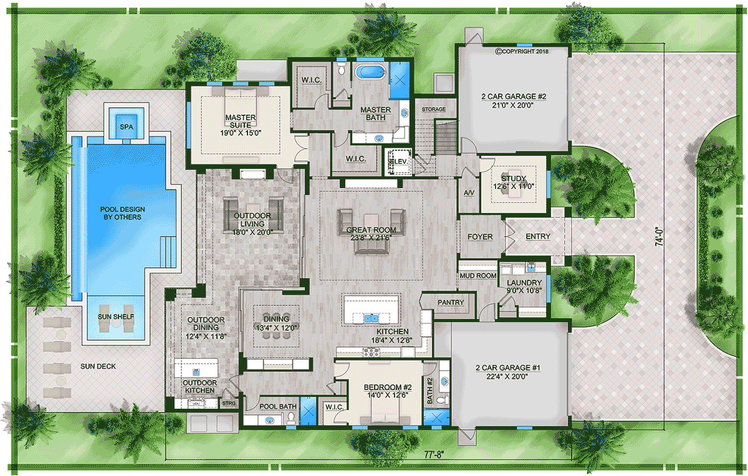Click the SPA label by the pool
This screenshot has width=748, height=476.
(x=126, y=127)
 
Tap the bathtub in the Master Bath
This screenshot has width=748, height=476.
(x=371, y=72)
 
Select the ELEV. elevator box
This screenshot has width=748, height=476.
(x=399, y=161)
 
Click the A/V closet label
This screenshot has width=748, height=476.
(x=469, y=193)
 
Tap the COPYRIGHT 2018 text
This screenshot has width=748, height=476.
(x=522, y=52)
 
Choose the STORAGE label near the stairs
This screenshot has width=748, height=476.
(x=434, y=109)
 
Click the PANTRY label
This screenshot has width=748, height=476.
(x=451, y=302)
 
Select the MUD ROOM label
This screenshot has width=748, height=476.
(x=478, y=276)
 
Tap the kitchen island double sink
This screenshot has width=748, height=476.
(x=371, y=318)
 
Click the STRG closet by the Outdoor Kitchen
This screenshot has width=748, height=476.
(x=229, y=403)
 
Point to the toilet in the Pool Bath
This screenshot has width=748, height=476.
(x=291, y=417)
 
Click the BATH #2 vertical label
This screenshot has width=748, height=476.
(x=430, y=390)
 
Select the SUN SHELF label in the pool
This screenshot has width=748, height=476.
(x=116, y=317)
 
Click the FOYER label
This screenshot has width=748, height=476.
(x=480, y=237)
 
